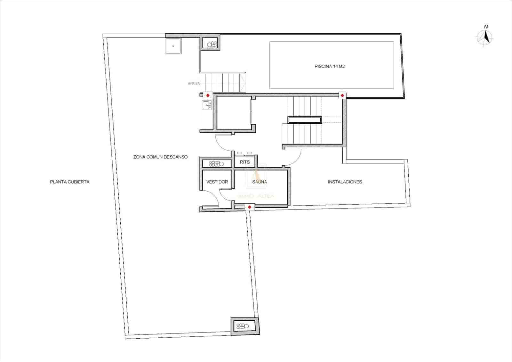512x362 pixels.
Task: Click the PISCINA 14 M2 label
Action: click(330, 67)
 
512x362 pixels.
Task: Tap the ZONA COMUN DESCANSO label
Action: click(160, 157)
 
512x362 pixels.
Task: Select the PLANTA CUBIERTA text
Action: click(70, 182)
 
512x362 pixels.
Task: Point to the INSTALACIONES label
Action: click(345, 182)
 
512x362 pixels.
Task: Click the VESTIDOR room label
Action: click(217, 182)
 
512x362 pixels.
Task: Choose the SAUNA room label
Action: click(260, 182)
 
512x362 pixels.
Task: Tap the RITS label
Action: click(245, 162)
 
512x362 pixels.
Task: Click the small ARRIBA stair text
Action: click(194, 83)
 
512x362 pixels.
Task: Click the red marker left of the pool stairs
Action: click(208, 95)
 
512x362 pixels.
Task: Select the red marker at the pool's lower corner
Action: click(342, 95)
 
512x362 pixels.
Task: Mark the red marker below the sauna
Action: click(250, 207)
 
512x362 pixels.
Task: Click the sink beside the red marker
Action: click(206, 105)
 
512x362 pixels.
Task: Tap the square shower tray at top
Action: click(173, 46)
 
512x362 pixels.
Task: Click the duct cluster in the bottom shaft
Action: click(243, 326)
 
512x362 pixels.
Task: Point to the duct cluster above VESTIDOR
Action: click(216, 164)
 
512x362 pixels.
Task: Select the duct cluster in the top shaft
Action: click(212, 45)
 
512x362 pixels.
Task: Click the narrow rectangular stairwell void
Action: click(305, 120)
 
